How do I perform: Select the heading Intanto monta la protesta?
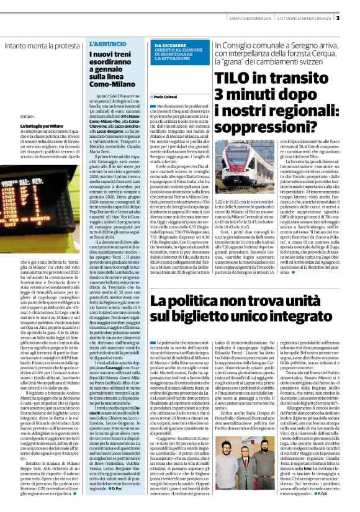(42, 45)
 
